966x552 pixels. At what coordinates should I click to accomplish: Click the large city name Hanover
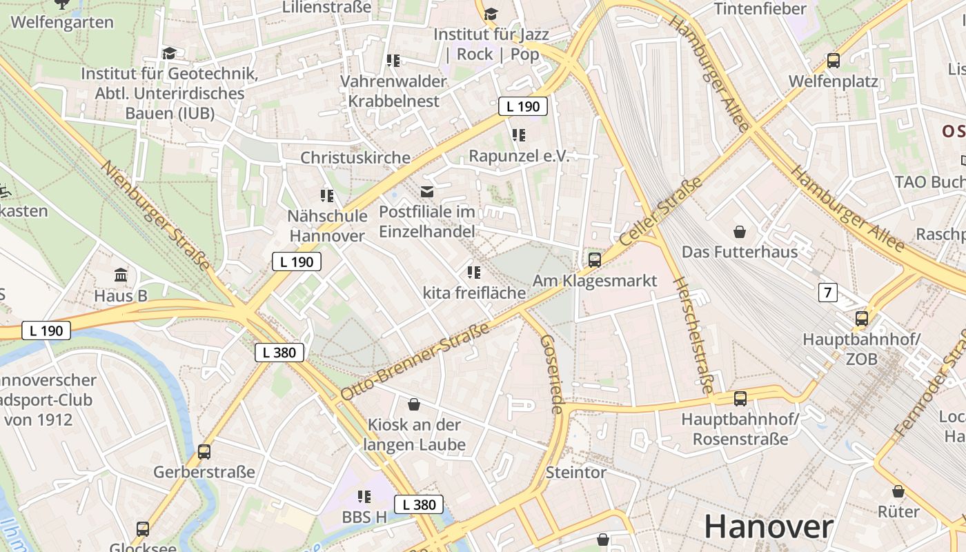click(768, 527)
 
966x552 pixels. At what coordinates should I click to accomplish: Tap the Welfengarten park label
click(62, 22)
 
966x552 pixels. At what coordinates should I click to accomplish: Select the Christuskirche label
click(355, 157)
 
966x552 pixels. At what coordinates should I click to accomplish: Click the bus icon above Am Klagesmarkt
click(594, 260)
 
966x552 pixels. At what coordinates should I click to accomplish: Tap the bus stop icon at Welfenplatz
click(834, 61)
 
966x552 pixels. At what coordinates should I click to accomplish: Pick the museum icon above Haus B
click(121, 275)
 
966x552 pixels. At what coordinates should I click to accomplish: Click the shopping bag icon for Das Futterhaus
click(740, 232)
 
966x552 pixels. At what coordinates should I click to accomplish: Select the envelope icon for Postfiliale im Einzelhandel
click(427, 191)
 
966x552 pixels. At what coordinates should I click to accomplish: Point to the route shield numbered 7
click(827, 293)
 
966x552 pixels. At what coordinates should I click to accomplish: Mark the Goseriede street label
click(551, 374)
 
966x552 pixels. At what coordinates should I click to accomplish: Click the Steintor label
click(575, 473)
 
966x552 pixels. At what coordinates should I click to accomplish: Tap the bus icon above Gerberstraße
click(204, 452)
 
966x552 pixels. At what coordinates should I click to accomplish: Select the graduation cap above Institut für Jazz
click(491, 14)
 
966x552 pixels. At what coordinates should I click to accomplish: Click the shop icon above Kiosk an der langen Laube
click(414, 404)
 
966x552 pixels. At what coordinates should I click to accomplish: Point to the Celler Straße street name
click(660, 211)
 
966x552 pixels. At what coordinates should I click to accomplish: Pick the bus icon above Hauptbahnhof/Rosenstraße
click(740, 398)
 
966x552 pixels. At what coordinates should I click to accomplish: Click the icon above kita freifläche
click(473, 273)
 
